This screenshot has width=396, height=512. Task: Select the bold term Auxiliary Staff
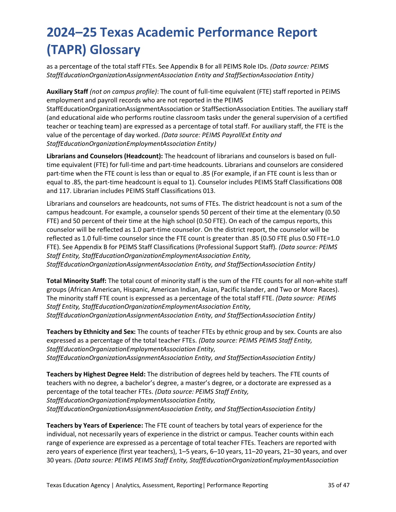point(67,92)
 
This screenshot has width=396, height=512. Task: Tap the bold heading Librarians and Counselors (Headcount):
point(105,156)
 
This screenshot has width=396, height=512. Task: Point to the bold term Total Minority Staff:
point(76,281)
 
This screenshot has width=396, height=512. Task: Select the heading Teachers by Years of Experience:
point(95,425)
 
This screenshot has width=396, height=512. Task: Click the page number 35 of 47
point(339,485)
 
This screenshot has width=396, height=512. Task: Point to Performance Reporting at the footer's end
point(237,485)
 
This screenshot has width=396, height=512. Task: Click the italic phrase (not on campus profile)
point(123,92)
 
